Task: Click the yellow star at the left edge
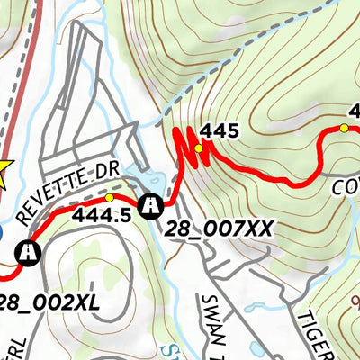click(3, 172)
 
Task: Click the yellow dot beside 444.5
click(110, 197)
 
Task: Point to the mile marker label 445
click(220, 131)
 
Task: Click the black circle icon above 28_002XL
click(30, 253)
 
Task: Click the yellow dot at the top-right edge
click(343, 129)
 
